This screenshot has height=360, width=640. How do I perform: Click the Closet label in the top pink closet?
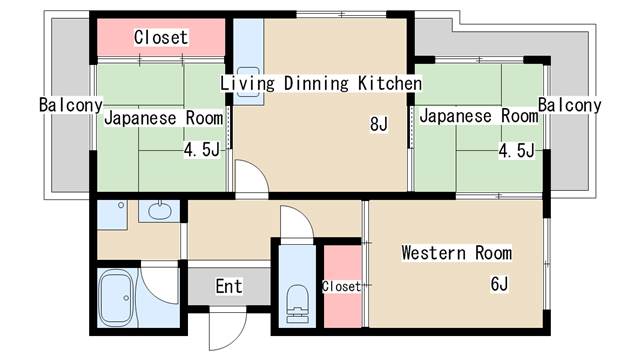click(x=161, y=37)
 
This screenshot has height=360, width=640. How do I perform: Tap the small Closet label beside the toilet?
click(x=341, y=286)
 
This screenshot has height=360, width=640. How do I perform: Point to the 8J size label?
click(x=378, y=124)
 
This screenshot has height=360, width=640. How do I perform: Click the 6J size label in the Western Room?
click(x=500, y=284)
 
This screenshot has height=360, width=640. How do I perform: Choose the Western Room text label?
click(x=456, y=252)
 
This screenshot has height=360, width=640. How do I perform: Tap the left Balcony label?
click(x=70, y=105)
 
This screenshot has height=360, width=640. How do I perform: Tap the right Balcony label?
click(x=569, y=105)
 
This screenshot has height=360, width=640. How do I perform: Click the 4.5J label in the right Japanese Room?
click(x=517, y=151)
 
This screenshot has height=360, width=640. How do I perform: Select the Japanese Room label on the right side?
click(x=478, y=116)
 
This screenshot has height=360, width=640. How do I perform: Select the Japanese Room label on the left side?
click(x=163, y=117)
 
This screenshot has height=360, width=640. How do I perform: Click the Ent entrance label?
click(x=229, y=287)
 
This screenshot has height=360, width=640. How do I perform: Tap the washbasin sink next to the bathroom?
click(x=159, y=211)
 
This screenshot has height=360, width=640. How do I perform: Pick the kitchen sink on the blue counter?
click(x=249, y=90)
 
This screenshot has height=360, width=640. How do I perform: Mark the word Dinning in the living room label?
click(x=316, y=83)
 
